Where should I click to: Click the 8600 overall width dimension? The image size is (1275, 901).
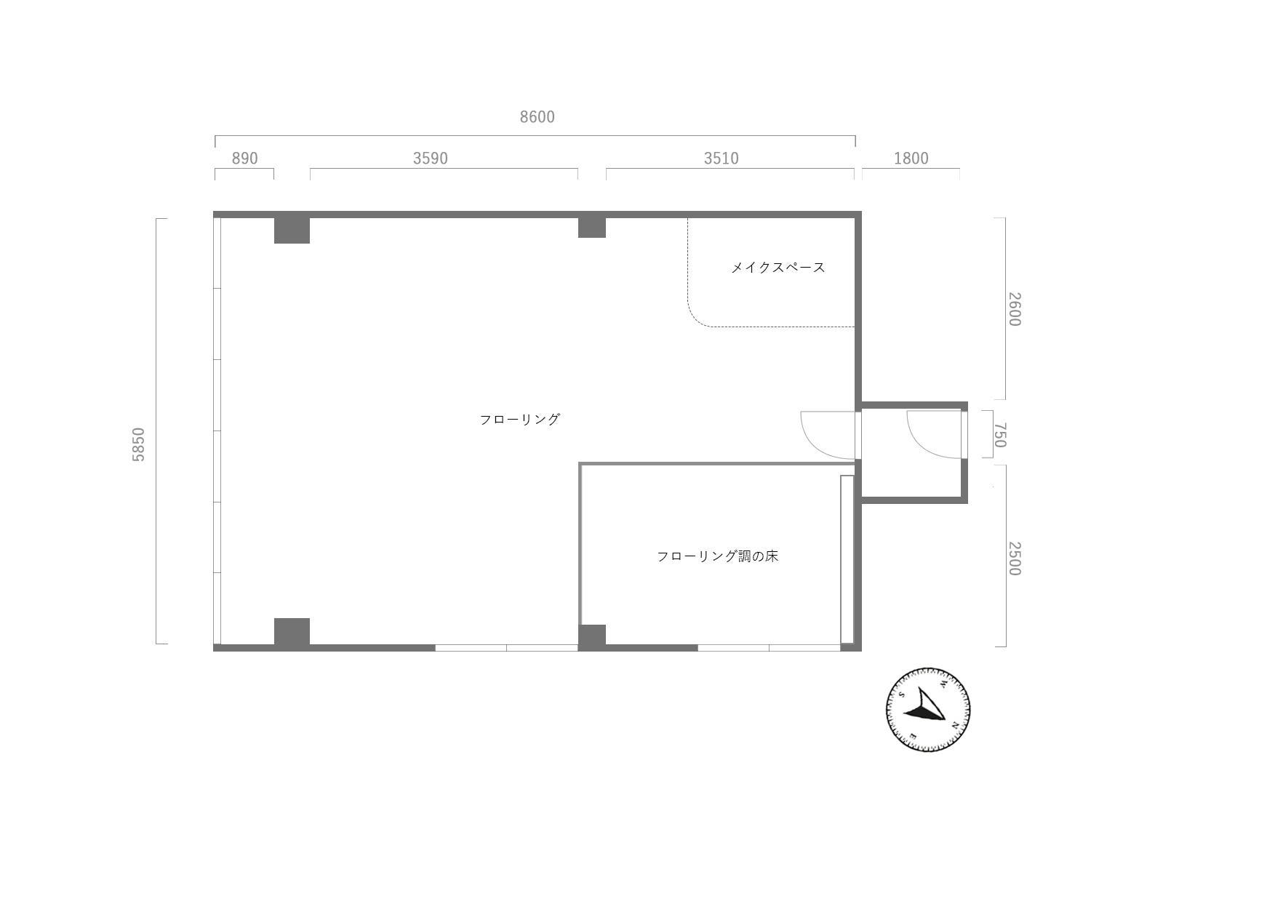coord(537,117)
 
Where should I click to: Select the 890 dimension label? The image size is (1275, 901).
coord(244,159)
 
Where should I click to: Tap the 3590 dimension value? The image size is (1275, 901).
coord(430,159)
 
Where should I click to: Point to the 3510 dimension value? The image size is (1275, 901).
coord(721,159)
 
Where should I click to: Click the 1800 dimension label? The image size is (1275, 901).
coord(911,159)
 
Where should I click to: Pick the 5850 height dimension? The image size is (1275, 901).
coord(139,444)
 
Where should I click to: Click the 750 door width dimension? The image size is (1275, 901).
coord(999,435)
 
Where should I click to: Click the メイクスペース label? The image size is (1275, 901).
coord(778,268)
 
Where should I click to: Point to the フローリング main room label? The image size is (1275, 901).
coord(519,420)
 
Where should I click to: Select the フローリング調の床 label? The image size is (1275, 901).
coord(717,556)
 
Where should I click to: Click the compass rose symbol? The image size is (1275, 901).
coord(927,709)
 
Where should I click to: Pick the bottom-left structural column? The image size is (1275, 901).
coord(292,631)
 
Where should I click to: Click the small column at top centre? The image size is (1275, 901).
coord(592,227)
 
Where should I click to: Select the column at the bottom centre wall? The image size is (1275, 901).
coord(592,636)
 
